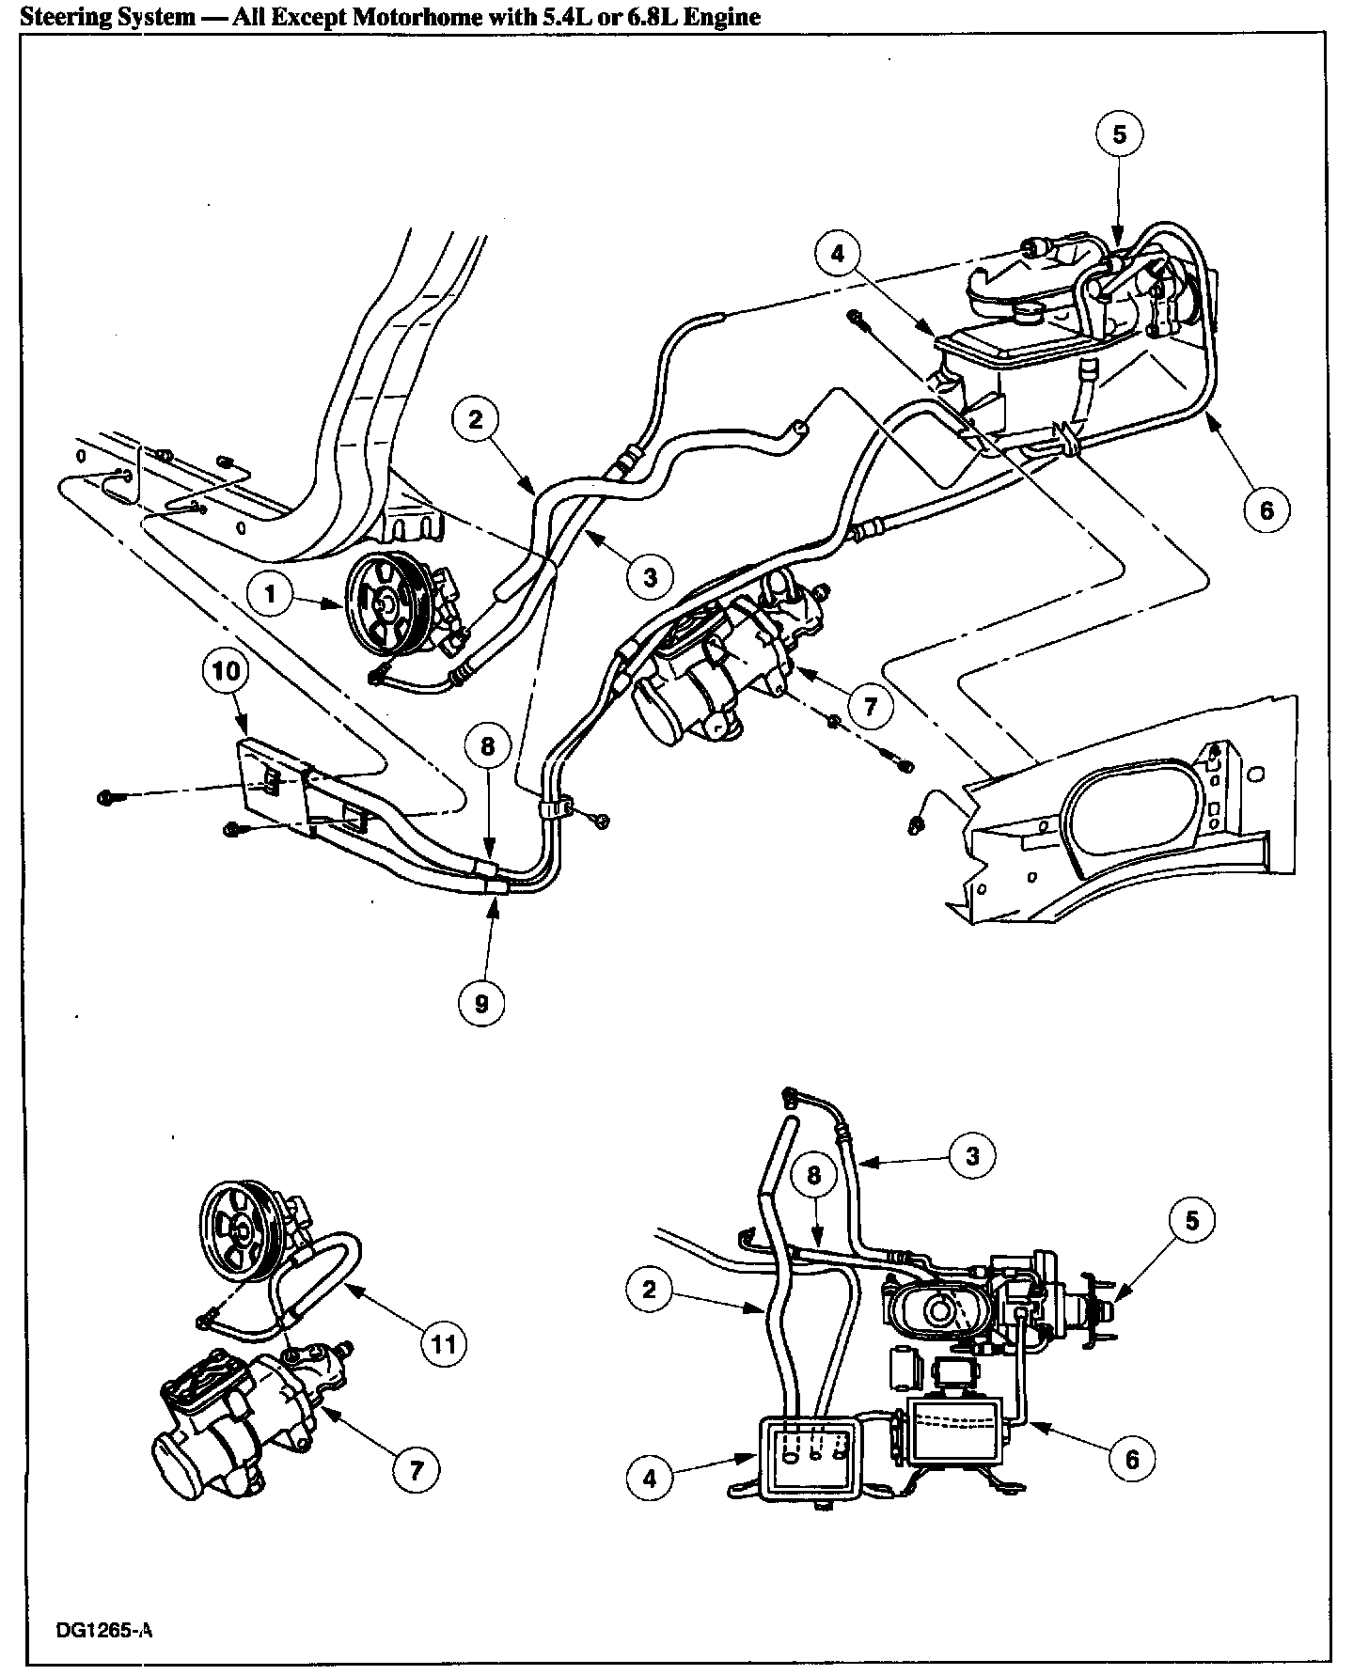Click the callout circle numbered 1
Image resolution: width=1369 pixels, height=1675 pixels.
coord(271,595)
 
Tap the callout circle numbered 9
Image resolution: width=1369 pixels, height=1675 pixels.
coord(481,1003)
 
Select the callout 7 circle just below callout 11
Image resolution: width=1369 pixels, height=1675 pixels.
coord(416,1469)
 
